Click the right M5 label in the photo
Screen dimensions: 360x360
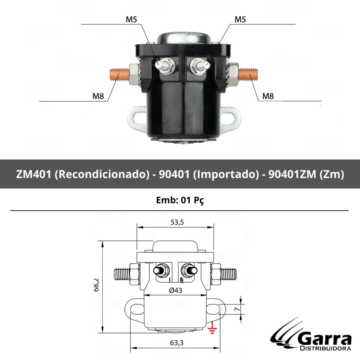coord(240,20)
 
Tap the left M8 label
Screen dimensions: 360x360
coord(98,96)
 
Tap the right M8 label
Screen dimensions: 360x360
coord(268,96)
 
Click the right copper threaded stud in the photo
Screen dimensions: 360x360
coord(249,75)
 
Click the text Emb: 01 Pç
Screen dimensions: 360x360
coord(180,200)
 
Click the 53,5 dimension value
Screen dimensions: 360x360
coord(177,222)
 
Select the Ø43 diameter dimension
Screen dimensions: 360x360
coord(175,290)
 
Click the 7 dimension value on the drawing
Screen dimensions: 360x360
coord(237,309)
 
